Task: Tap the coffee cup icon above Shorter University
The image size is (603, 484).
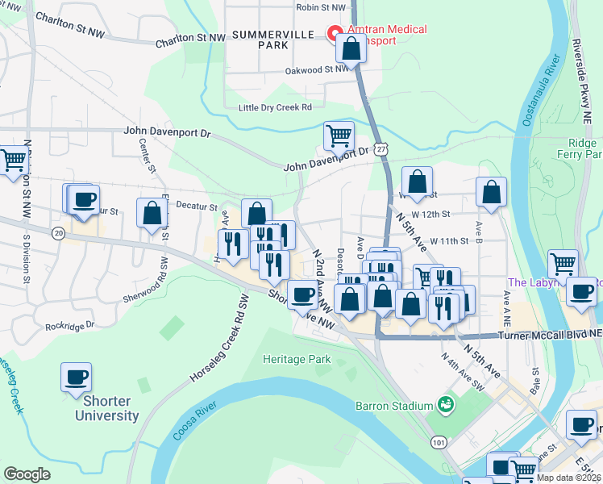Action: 76,376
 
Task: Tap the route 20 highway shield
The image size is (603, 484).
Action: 57,232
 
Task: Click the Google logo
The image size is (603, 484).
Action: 27,474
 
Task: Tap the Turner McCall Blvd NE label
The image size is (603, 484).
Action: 549,335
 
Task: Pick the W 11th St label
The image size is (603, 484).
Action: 450,241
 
